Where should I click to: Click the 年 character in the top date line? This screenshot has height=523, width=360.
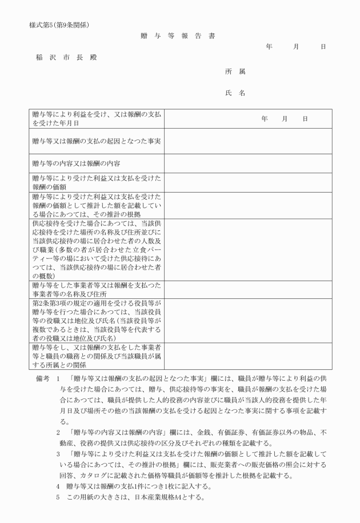pos(269,46)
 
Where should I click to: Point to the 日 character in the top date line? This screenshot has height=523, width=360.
pos(323,46)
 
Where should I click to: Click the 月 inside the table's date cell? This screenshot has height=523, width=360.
pos(285,118)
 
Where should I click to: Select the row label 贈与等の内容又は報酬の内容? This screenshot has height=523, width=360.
pos(80,163)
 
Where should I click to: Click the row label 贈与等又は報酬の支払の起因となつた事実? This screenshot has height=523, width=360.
pos(97,141)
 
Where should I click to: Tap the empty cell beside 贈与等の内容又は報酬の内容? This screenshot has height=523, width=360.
pos(248,163)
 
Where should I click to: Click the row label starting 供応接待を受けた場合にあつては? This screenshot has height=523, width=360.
pos(97,249)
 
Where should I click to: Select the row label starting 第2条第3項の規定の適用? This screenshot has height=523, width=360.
pos(97,320)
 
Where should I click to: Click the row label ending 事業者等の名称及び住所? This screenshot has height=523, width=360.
pos(97,289)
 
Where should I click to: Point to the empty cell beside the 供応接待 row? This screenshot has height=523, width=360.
pos(248,249)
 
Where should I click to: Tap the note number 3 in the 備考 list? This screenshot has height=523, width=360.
pos(58,453)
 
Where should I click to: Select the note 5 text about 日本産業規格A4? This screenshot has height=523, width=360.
pos(134,497)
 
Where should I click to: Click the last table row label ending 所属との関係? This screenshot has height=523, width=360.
pos(97,355)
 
